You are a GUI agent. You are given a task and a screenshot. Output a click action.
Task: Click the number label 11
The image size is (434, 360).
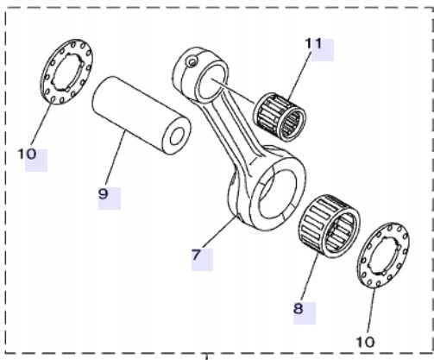click(x=311, y=42)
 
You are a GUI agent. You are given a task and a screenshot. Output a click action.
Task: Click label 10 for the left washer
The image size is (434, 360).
click(x=28, y=155)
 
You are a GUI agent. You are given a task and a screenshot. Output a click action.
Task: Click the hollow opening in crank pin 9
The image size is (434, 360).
click(x=178, y=136)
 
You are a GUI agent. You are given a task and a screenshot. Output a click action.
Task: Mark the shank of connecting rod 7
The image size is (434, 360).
click(x=233, y=129)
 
